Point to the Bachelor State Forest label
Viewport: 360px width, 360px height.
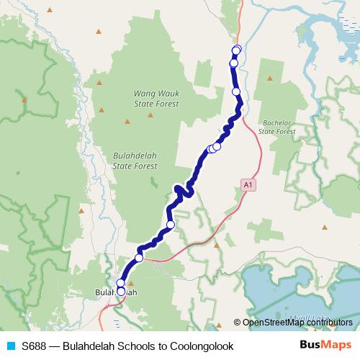[x=277, y=127]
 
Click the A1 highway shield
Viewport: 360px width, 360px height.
[x=248, y=185]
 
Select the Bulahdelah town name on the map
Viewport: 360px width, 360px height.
[x=116, y=292]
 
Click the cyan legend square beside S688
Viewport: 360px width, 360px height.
[x=10, y=346]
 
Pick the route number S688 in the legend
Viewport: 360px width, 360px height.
[x=34, y=346]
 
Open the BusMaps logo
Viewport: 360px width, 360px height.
[x=320, y=346]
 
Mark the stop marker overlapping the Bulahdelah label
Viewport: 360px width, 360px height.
[x=120, y=291]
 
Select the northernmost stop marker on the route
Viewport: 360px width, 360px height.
[x=236, y=49]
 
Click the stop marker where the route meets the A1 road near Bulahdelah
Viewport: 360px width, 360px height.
[x=139, y=257]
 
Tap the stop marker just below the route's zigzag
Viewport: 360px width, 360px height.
[x=171, y=225]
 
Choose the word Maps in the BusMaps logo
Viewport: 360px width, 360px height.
[x=333, y=346]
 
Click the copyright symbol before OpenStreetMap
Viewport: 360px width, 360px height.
[x=237, y=323]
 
